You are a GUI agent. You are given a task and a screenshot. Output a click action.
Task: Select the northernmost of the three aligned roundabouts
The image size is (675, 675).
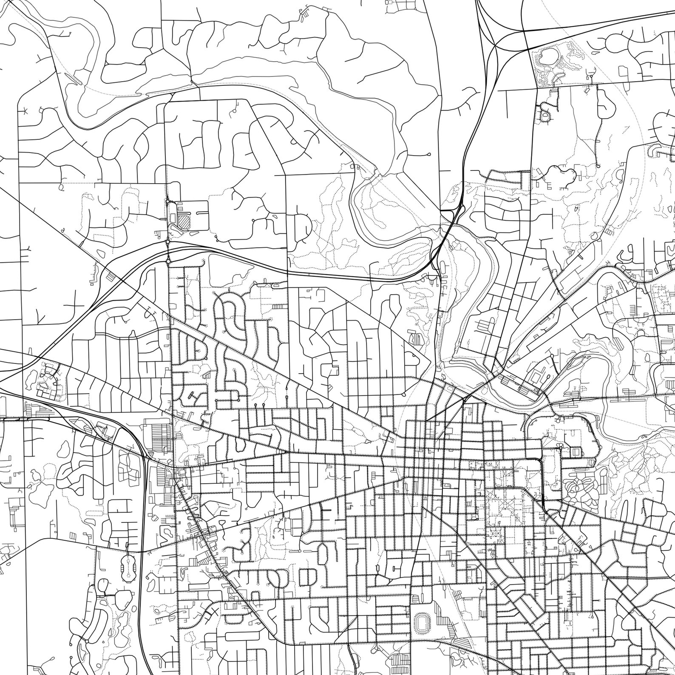pyautogui.click(x=168, y=201)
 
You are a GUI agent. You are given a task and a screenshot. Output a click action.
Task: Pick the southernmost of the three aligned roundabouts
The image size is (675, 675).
pyautogui.click(x=169, y=261)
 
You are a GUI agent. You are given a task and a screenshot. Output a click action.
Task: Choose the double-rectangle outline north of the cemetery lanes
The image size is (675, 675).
pyautogui.click(x=576, y=451)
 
